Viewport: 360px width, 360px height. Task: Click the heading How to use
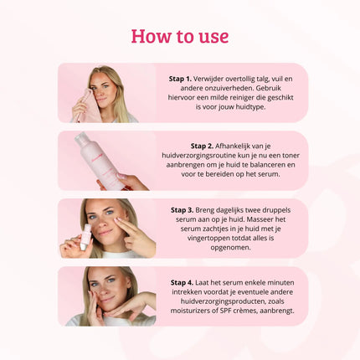click(x=179, y=37)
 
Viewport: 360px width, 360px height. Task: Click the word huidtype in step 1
click(x=260, y=109)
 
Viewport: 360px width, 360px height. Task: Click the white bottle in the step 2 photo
click(x=99, y=160)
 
